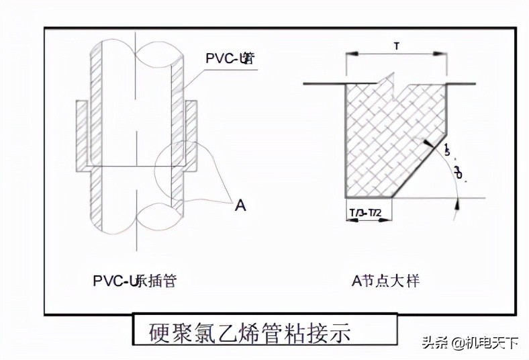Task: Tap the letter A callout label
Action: [x=240, y=206]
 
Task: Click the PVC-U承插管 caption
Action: [x=134, y=281]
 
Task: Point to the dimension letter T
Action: [x=396, y=46]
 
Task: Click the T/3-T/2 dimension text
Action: [x=368, y=213]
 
